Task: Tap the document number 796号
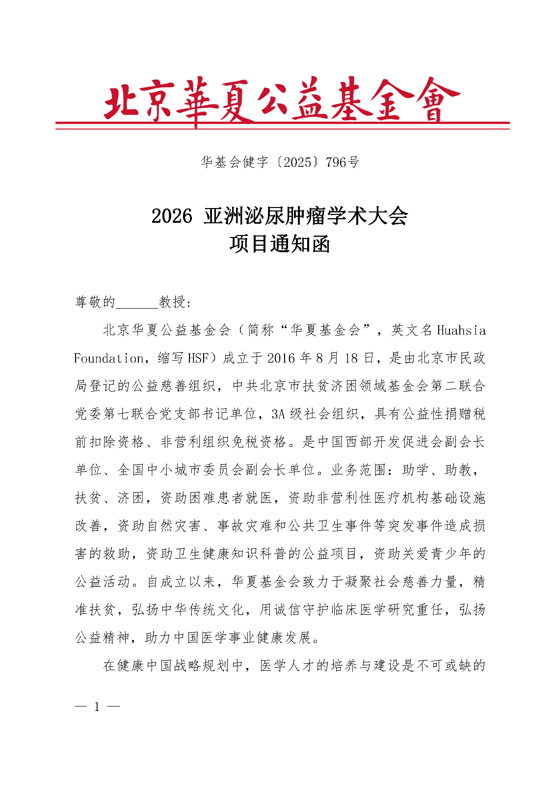click(x=343, y=162)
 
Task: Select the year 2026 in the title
click(x=172, y=216)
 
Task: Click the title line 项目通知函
click(x=280, y=244)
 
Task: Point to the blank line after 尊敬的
click(x=137, y=302)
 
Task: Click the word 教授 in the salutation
click(x=172, y=302)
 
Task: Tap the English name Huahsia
click(x=461, y=330)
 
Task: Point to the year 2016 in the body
click(x=281, y=358)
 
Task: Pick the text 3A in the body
click(x=278, y=414)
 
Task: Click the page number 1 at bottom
click(x=97, y=706)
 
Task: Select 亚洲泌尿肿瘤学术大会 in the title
click(x=306, y=216)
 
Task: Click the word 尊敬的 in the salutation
click(x=95, y=302)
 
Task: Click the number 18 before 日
click(x=351, y=358)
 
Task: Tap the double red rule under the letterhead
click(x=282, y=125)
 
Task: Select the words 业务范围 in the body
click(x=359, y=470)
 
